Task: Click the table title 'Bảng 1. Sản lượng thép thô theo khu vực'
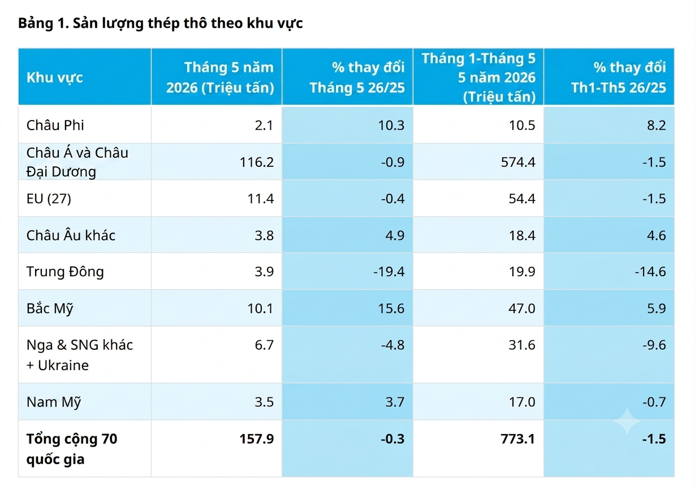161,24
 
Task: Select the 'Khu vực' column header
55,78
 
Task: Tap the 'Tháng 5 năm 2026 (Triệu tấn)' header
220,78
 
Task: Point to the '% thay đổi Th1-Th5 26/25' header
619,78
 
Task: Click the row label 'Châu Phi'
55,125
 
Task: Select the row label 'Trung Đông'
65,272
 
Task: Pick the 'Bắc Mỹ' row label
50,308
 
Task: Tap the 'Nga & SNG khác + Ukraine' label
80,355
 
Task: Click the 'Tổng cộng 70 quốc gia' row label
72,449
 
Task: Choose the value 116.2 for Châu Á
257,162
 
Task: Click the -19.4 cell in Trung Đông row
388,272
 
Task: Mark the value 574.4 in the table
518,162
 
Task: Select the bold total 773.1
518,439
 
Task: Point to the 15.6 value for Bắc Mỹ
391,308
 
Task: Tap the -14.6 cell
650,272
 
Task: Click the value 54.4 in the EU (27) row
522,199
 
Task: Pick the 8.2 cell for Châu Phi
657,125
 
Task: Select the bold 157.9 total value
257,439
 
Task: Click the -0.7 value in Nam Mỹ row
654,402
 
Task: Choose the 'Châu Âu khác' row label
71,235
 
